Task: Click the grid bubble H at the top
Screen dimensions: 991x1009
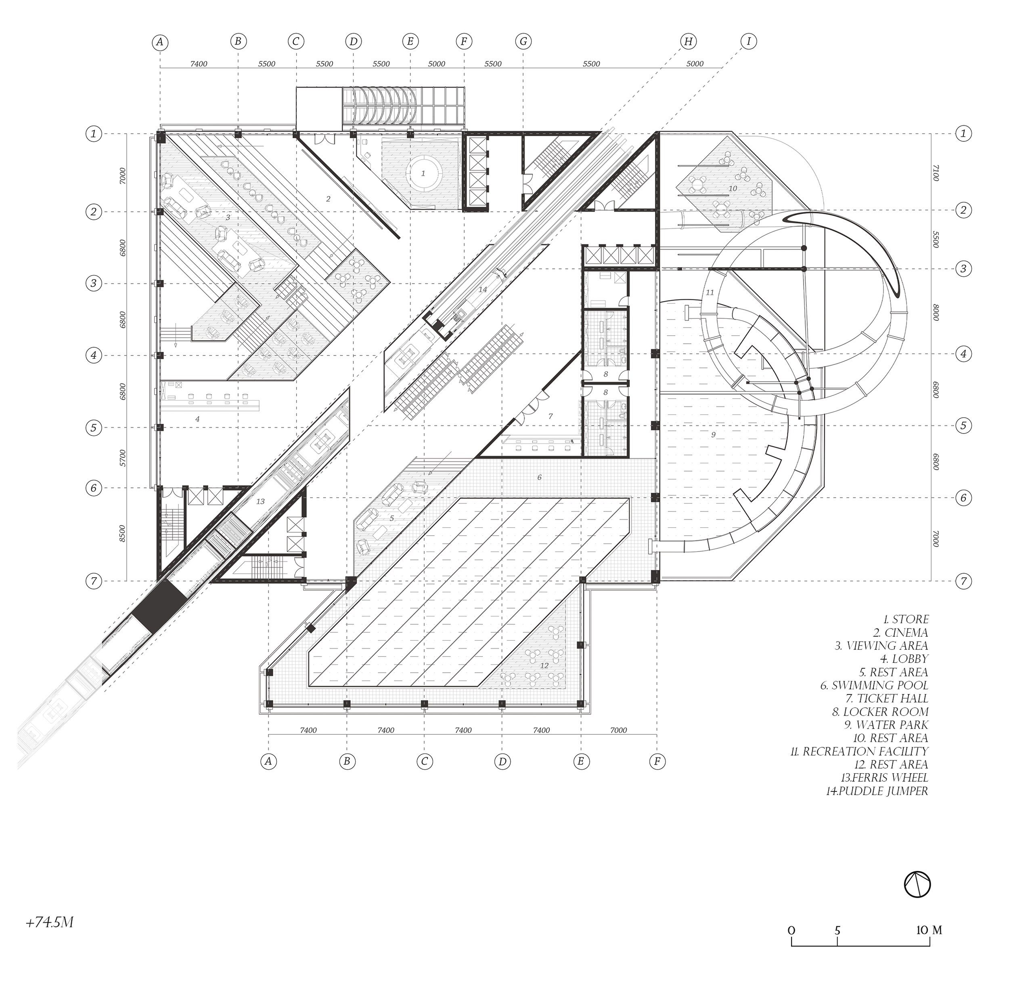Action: tap(688, 42)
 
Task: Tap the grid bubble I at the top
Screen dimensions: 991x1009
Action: tap(748, 42)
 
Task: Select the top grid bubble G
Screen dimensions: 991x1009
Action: tap(523, 42)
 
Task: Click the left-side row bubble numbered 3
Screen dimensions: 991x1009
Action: tap(94, 284)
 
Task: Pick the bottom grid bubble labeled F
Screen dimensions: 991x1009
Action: tap(657, 762)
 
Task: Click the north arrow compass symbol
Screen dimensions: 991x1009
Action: tap(917, 885)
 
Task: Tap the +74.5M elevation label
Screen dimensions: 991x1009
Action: tap(49, 923)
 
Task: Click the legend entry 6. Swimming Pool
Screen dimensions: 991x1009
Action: tap(874, 686)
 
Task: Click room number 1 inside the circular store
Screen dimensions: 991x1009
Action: tap(423, 173)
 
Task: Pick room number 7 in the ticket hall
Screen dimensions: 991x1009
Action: tap(550, 417)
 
